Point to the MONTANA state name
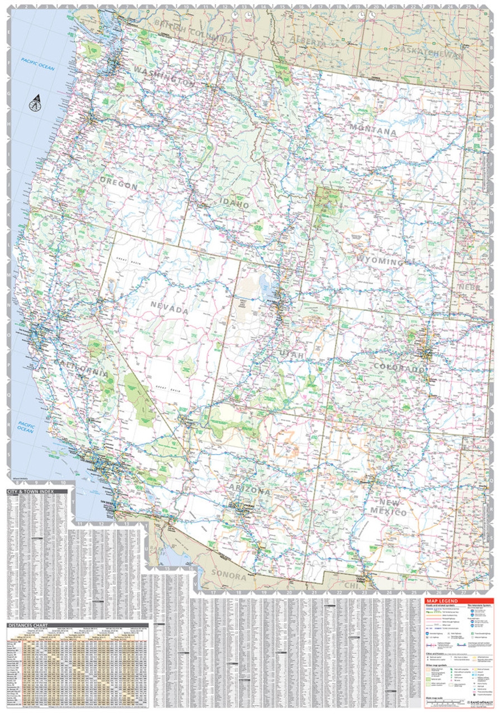point(373,132)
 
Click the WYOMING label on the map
point(381,262)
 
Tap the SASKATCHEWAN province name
point(427,52)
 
